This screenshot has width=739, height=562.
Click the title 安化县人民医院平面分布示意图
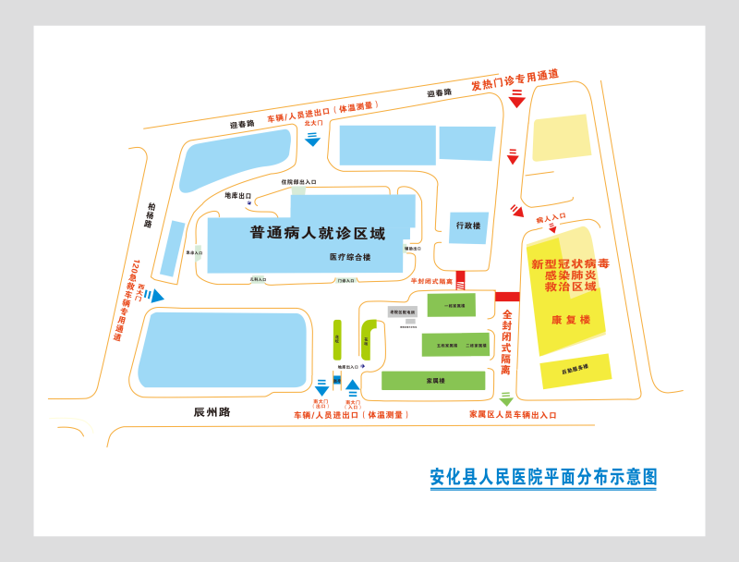pos(543,477)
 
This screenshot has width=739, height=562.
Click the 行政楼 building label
pos(468,226)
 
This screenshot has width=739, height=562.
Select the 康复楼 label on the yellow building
pos(571,320)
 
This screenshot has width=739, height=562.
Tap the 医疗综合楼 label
pos(350,257)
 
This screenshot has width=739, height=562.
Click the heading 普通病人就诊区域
pos(317,233)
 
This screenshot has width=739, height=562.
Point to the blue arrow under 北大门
pos(312,139)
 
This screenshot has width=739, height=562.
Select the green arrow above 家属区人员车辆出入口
pos(505,400)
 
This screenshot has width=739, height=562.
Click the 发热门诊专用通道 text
pos(515,80)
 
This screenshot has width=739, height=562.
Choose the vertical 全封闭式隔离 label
pos(506,341)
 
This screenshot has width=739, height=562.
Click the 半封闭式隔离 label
pos(431,281)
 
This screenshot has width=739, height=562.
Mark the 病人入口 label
pos(551,218)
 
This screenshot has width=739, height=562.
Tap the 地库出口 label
pos(238,196)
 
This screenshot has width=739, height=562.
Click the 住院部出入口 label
pos(298,182)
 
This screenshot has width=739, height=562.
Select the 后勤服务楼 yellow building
pos(575,371)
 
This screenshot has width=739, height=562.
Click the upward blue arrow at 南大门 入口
pos(352,385)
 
